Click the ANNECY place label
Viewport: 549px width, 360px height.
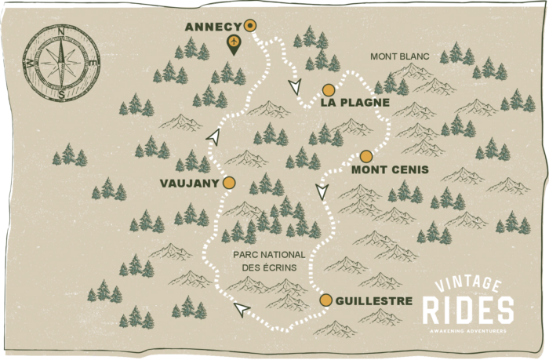click(213, 27)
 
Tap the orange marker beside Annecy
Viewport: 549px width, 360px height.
click(250, 25)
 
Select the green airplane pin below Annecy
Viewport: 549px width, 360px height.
click(233, 44)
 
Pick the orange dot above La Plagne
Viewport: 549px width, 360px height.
click(329, 89)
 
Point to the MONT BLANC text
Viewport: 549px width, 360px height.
click(396, 56)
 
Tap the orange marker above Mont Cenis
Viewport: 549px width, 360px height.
click(365, 155)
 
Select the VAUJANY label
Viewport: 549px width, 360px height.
click(188, 183)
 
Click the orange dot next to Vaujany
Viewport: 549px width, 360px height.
click(229, 183)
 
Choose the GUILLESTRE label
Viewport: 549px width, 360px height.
click(373, 300)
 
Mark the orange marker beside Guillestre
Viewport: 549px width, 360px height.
click(326, 300)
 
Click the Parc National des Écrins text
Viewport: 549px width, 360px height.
click(266, 260)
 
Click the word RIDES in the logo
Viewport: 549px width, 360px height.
click(468, 311)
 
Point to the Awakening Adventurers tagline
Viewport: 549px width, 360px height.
click(468, 330)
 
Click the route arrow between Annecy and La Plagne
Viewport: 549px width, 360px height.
click(294, 85)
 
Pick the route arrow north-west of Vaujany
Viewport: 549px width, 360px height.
click(212, 137)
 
